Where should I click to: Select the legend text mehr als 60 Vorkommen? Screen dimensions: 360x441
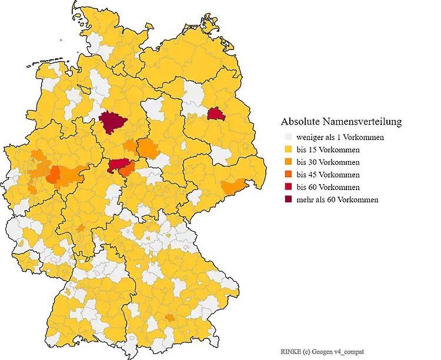click(x=337, y=199)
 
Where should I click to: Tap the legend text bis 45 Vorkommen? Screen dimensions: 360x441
click(x=328, y=175)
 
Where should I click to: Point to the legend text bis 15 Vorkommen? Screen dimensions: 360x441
click(x=328, y=149)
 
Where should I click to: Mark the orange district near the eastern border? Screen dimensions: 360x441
click(x=233, y=187)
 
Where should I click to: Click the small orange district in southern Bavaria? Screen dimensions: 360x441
click(x=170, y=318)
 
